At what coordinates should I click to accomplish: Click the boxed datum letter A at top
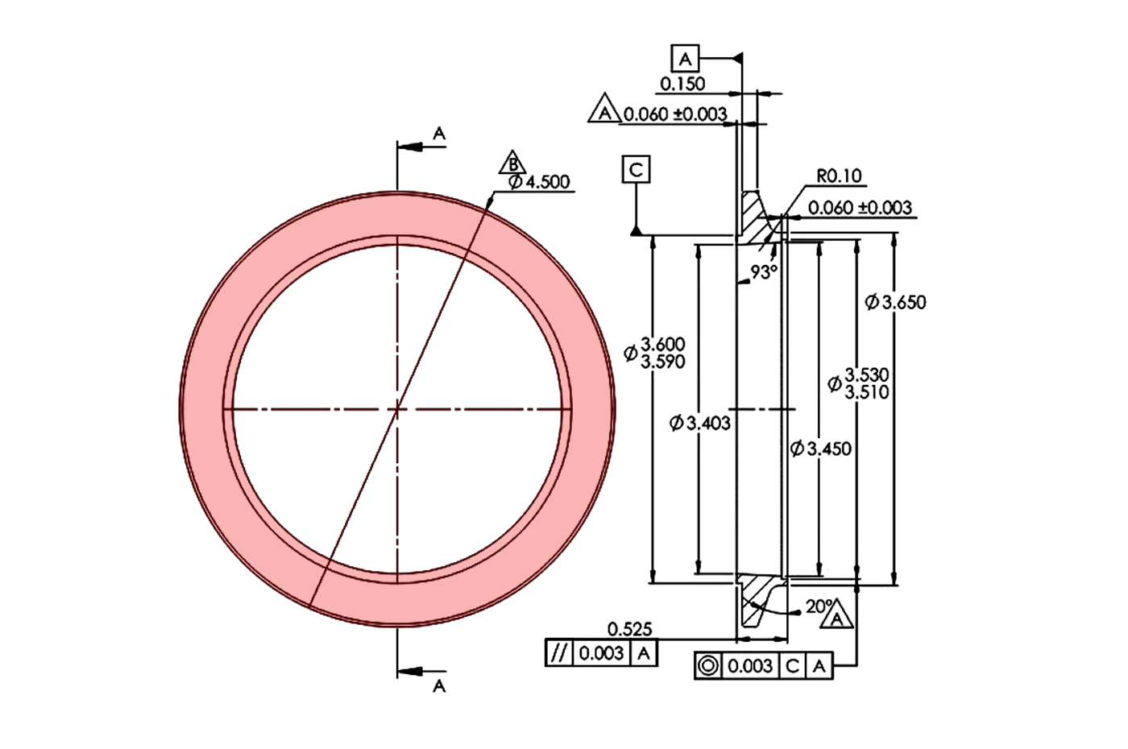pos(685,59)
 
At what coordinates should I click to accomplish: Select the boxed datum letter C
pos(636,170)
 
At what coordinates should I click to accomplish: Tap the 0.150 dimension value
pos(682,84)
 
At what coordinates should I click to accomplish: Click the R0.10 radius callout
pos(839,176)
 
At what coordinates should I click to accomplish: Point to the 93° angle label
pos(764,272)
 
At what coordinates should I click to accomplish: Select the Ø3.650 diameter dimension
pos(895,303)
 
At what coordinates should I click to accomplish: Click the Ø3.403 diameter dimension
pos(700,423)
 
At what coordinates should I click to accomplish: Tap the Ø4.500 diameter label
pos(539,182)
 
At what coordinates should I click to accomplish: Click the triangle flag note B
pos(512,163)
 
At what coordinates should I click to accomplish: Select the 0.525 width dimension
pos(629,629)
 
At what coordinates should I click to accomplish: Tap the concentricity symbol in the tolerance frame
pos(708,667)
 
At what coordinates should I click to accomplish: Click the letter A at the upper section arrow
pos(439,133)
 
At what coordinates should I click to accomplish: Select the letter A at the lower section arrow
pos(439,685)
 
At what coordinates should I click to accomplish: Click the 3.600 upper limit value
pos(663,345)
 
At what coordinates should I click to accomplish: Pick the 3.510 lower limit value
pos(867,392)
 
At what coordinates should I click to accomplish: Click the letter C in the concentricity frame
pos(793,667)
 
